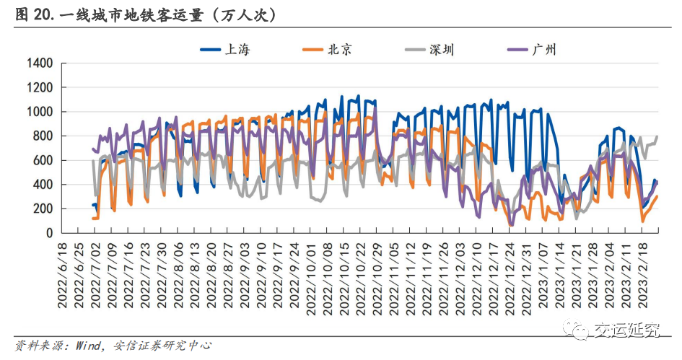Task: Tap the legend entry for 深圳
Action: point(441,49)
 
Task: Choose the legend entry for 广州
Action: point(543,49)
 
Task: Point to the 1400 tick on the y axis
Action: point(40,63)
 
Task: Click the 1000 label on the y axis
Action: point(40,112)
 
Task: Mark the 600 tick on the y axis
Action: point(43,160)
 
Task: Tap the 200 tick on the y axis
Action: point(43,209)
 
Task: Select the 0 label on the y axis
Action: point(49,233)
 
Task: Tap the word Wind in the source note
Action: point(88,346)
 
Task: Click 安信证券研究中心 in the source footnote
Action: point(162,346)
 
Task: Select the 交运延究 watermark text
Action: point(626,330)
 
